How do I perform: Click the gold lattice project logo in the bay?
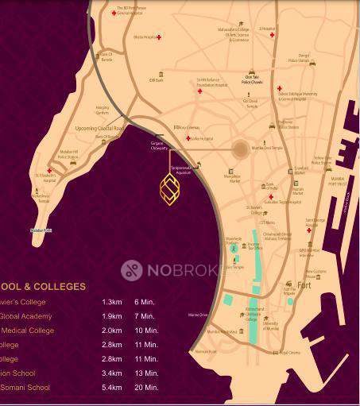[x=168, y=189]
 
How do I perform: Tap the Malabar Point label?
[x=41, y=230]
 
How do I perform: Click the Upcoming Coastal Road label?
[x=99, y=127]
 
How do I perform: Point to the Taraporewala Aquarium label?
[x=181, y=170]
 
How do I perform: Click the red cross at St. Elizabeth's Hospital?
[x=50, y=170]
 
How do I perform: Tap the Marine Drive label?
[x=198, y=315]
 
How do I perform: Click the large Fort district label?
[x=304, y=284]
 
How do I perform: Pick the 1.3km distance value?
[x=111, y=303]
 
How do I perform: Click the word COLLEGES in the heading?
[x=60, y=286]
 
